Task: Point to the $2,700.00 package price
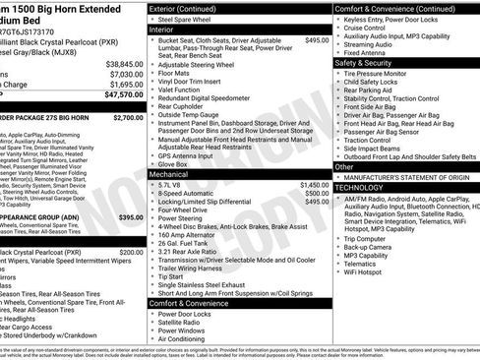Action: pyautogui.click(x=128, y=117)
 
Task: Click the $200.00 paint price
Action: pyautogui.click(x=131, y=252)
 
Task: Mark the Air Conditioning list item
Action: pyautogui.click(x=187, y=338)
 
